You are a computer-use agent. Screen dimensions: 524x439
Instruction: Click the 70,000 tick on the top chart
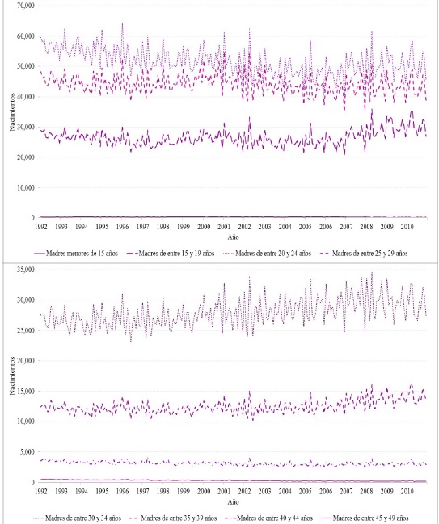23,6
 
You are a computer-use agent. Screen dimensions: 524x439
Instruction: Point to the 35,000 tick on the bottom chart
23,270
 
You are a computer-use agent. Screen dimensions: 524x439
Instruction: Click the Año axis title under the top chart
232,239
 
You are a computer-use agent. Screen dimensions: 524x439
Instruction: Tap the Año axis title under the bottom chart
232,502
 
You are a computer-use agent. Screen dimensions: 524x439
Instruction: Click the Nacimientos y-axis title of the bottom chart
7,376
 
